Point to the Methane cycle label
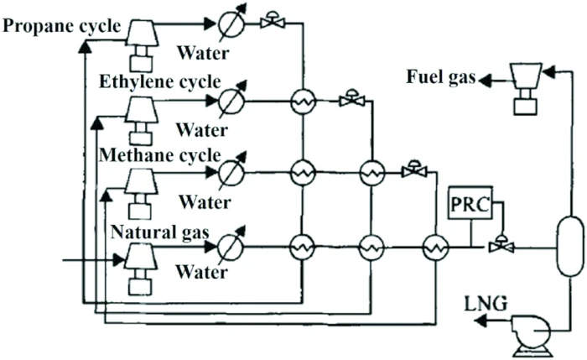click(159, 155)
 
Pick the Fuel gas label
click(439, 77)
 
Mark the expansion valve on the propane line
click(273, 21)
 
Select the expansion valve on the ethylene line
click(350, 100)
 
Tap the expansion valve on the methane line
click(413, 170)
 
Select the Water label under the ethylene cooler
click(202, 130)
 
